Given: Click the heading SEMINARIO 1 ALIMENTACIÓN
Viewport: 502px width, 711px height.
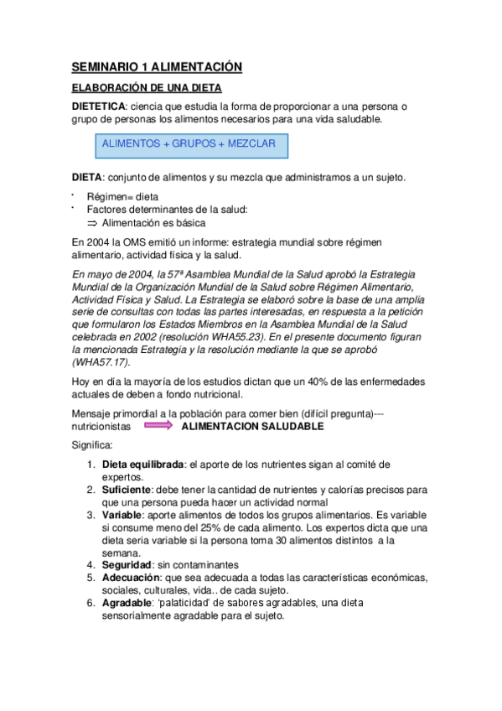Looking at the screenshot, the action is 156,67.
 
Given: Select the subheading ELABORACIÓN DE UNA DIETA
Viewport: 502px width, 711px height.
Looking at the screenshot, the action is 147,88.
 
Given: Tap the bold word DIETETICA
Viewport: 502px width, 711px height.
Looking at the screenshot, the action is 98,106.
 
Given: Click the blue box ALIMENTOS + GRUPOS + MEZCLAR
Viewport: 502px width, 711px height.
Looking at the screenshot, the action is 189,144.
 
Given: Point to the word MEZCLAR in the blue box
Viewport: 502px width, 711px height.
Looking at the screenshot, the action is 251,144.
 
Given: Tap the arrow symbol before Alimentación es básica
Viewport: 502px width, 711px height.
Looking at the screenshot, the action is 92,223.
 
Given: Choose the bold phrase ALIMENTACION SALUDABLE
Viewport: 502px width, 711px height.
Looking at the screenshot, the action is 252,426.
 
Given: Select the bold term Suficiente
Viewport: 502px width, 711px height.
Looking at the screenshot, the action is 127,488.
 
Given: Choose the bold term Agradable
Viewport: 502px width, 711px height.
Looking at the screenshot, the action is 129,602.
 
